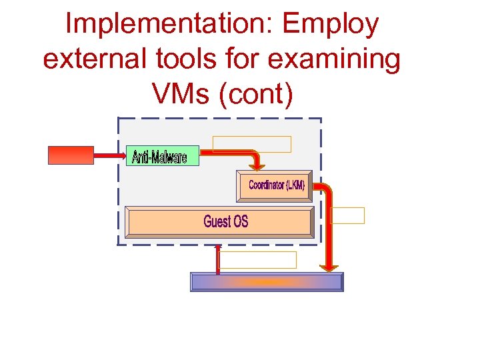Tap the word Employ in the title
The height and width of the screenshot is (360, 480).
[331, 25]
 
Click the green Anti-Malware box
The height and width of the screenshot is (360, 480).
[162, 157]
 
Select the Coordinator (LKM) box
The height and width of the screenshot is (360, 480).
[275, 186]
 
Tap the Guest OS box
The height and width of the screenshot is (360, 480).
[221, 221]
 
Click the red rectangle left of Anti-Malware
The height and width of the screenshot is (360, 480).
[71, 155]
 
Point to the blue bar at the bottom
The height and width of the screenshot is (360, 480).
[267, 282]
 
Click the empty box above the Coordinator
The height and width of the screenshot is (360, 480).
[252, 144]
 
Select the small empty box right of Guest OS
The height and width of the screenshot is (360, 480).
[348, 215]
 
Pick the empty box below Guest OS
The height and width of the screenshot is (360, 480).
[257, 260]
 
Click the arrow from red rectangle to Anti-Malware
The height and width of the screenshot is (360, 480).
[109, 156]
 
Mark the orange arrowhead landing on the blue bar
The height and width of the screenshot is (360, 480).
[329, 267]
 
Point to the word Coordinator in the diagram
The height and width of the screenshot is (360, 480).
[265, 185]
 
